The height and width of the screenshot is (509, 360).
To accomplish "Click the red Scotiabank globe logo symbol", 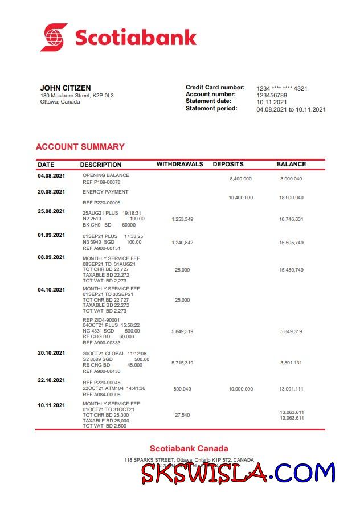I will point(54,38).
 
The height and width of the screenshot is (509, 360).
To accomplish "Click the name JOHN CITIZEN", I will point(66,88).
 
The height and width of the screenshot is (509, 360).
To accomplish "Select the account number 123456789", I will point(272,95).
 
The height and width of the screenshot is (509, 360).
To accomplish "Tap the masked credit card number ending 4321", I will point(282,88).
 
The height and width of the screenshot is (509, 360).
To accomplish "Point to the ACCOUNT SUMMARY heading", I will point(80,147).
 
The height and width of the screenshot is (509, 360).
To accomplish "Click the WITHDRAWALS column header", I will point(179,164).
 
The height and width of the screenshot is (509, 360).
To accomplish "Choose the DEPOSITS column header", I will point(228,164).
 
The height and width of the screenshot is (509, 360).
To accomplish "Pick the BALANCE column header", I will point(291,164).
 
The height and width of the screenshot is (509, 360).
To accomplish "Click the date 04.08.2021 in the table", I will point(51,175).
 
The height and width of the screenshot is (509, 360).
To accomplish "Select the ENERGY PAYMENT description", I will point(105,192).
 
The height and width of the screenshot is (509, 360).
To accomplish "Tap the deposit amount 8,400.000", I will point(240,179).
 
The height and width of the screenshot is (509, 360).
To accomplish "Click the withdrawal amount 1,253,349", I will point(182,219).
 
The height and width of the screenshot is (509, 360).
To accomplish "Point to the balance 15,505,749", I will point(291,243).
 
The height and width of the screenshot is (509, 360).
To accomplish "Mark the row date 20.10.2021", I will point(51,353).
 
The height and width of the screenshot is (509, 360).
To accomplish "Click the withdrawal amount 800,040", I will point(182,389).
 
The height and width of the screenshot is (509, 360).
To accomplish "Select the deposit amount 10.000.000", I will point(240,389).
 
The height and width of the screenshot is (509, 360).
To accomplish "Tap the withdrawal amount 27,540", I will point(182,415).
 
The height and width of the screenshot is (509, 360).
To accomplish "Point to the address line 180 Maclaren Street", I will point(77,96).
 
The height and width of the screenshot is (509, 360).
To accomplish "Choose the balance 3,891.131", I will point(291,363).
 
